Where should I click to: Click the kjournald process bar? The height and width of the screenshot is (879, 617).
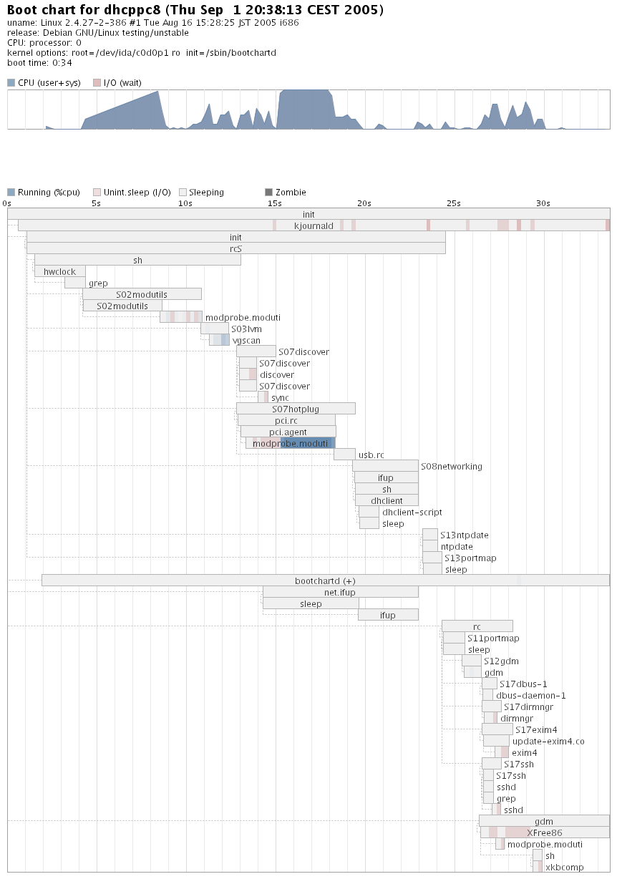[314, 225]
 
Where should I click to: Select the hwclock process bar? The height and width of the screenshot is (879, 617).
[60, 271]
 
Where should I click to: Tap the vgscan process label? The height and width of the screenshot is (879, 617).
[246, 341]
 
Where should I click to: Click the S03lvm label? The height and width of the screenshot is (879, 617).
[246, 329]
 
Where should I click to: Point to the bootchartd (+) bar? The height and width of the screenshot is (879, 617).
[325, 581]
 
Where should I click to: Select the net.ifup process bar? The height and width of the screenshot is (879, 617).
[340, 592]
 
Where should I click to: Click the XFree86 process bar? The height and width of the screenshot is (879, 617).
[544, 832]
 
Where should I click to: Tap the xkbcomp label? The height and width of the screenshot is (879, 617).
[564, 868]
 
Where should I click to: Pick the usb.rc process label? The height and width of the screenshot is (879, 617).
[371, 455]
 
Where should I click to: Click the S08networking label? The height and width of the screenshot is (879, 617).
[451, 467]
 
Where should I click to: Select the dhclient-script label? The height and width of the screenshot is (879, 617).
[412, 513]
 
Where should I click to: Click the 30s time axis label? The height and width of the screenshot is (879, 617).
[543, 203]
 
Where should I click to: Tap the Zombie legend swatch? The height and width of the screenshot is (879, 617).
[269, 192]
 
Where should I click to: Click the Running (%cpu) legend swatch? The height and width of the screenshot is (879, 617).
[11, 192]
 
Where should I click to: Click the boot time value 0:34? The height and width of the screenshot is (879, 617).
[62, 62]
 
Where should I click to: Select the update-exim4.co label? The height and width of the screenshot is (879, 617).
[548, 742]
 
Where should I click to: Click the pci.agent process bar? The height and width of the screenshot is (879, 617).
[288, 432]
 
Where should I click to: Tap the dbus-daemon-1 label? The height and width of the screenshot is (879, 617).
[530, 696]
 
